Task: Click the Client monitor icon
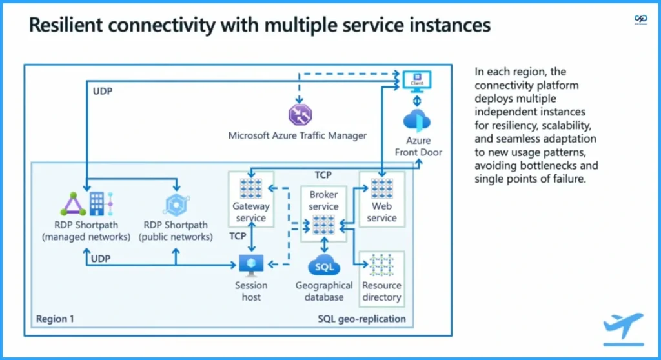(416, 81)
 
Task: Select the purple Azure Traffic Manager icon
(300, 114)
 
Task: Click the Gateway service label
(250, 212)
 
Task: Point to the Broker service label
(323, 200)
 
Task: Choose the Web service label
(381, 212)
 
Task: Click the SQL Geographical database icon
(323, 265)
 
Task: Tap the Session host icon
(251, 264)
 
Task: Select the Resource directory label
(381, 291)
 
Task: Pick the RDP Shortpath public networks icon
(176, 204)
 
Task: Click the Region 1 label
(55, 319)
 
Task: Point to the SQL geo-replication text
(361, 319)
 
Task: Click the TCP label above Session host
(238, 236)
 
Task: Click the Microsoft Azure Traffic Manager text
(297, 135)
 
